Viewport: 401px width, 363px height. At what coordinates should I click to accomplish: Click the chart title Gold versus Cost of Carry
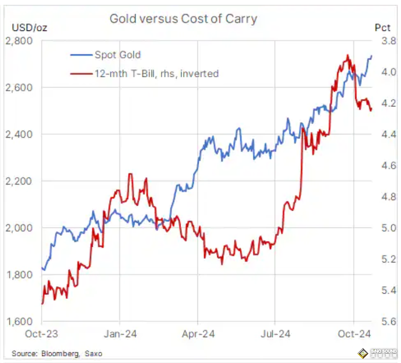[183, 19]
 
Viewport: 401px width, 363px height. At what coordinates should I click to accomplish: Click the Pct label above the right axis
[382, 28]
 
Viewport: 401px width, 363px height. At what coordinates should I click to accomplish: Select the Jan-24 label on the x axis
[120, 334]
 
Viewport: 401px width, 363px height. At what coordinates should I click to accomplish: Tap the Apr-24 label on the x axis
[198, 334]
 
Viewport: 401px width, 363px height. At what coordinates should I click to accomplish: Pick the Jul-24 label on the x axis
[275, 334]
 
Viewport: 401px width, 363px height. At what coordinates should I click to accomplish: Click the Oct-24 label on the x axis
[353, 334]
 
